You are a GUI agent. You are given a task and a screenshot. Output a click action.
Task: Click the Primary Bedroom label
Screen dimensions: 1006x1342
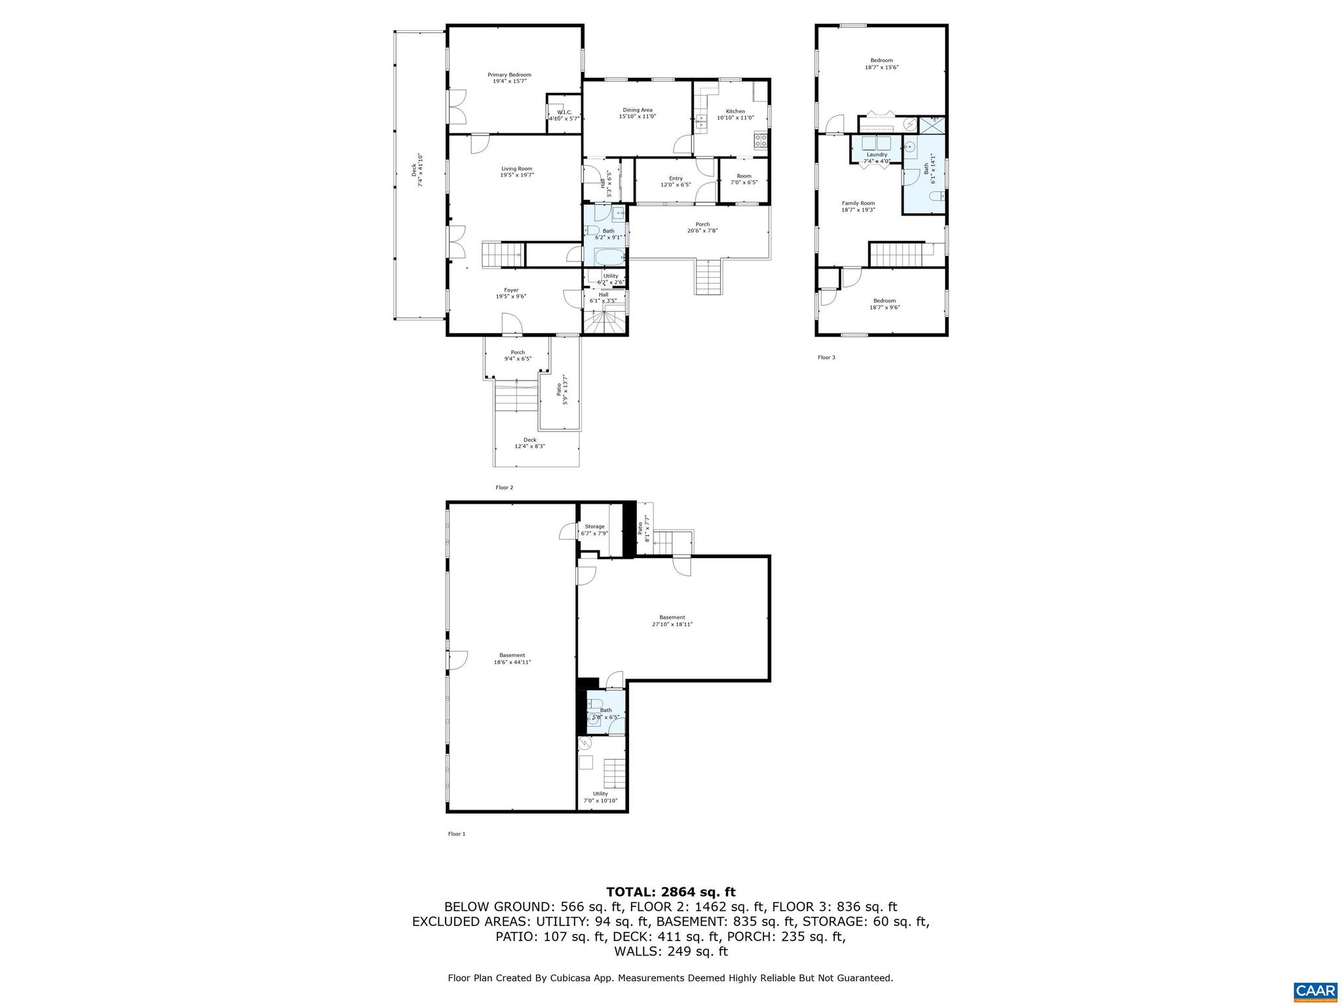click(509, 75)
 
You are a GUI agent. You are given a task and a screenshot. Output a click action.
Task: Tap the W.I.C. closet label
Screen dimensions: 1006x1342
click(564, 113)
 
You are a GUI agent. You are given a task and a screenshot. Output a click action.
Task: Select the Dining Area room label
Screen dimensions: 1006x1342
click(637, 110)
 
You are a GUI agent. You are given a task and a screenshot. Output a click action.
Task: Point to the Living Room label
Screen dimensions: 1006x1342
click(517, 169)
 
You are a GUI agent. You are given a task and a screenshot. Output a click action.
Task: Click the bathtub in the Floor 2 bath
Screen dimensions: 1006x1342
click(609, 255)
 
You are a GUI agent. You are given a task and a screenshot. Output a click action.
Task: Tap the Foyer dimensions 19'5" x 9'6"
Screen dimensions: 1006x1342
click(511, 297)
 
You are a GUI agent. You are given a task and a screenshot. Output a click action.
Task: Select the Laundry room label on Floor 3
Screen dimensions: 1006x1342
click(877, 155)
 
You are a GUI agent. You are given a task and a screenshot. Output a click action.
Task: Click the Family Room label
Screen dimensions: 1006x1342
click(858, 203)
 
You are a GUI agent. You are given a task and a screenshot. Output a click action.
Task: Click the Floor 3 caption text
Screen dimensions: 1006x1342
click(826, 358)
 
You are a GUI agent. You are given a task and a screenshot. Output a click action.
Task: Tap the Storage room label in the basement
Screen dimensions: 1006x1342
click(594, 527)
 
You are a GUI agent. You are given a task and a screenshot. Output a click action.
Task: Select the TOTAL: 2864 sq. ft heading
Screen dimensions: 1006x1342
click(670, 892)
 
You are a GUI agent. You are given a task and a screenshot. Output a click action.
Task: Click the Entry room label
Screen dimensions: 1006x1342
click(676, 179)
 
